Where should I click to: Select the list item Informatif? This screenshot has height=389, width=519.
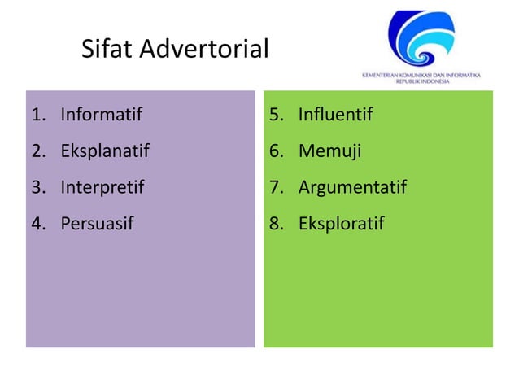coord(101,115)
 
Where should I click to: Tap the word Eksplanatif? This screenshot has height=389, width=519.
coord(105,151)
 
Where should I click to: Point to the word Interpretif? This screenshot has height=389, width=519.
coord(102,188)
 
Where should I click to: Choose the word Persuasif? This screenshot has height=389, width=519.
coord(96,224)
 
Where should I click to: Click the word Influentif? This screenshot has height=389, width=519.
coord(335,115)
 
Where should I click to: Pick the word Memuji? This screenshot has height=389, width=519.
coord(329,151)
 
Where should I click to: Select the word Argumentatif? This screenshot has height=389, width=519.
coord(352,188)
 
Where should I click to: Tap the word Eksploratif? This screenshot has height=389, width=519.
coord(341,224)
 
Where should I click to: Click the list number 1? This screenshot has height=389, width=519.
coord(37,115)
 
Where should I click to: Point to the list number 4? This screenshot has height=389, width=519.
coord(37,224)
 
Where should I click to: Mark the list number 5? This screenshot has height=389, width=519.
coord(276,115)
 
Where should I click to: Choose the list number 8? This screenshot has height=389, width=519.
coord(276,224)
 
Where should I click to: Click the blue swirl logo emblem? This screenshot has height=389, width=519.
coord(421,38)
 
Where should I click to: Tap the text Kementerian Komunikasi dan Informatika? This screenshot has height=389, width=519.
coord(421,75)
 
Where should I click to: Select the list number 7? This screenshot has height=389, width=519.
coord(276,188)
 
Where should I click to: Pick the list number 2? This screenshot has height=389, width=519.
coord(37,151)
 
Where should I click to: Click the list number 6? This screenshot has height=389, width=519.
coord(276,151)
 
